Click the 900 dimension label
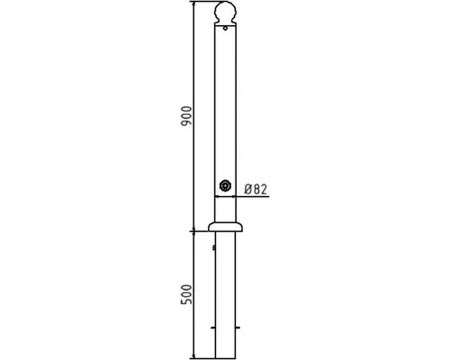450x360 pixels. [x=186, y=116]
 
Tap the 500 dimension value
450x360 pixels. [x=186, y=294]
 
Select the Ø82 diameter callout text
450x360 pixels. [x=256, y=189]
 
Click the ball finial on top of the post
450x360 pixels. [x=226, y=12]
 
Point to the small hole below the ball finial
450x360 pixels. [x=225, y=29]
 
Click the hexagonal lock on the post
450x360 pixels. [x=224, y=185]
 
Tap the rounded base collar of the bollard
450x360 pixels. [x=226, y=227]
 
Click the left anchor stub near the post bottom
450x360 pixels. [x=213, y=328]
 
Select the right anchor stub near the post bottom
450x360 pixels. [x=238, y=328]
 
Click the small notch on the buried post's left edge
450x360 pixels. [x=214, y=247]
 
